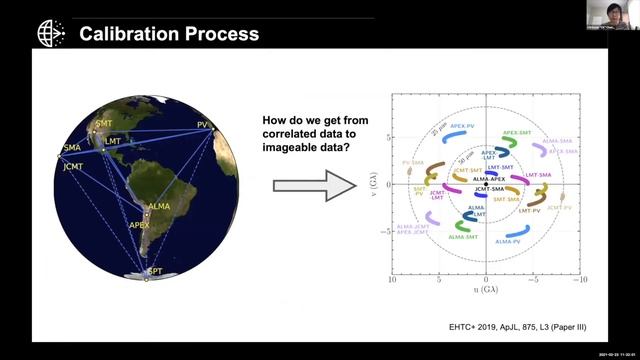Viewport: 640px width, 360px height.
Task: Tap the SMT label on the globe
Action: point(102,124)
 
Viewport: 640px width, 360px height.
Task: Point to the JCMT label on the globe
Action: point(73,166)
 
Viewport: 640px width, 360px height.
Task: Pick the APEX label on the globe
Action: point(139,225)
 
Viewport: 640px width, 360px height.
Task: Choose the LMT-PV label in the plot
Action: point(526,211)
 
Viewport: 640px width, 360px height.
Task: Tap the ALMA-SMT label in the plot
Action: point(462,238)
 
